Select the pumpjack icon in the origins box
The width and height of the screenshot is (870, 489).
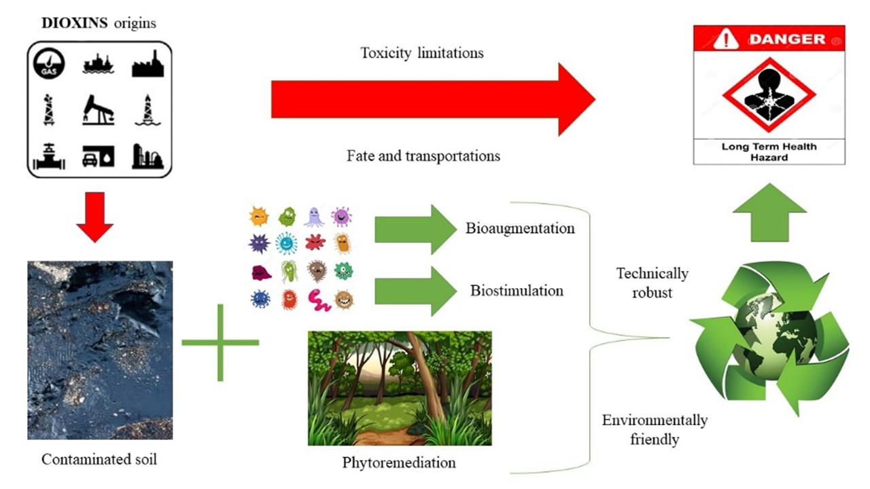99,109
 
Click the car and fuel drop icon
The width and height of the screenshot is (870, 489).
99,156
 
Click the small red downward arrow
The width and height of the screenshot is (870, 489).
94,217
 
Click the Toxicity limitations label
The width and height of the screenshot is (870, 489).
422,53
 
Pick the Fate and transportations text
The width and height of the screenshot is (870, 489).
423,156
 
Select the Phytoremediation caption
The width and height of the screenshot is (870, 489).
399,463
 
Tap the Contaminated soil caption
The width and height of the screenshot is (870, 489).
99,460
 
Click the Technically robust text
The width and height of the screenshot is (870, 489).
652,283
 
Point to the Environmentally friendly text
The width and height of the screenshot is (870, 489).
655,430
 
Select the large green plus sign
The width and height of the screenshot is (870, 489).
220,342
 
